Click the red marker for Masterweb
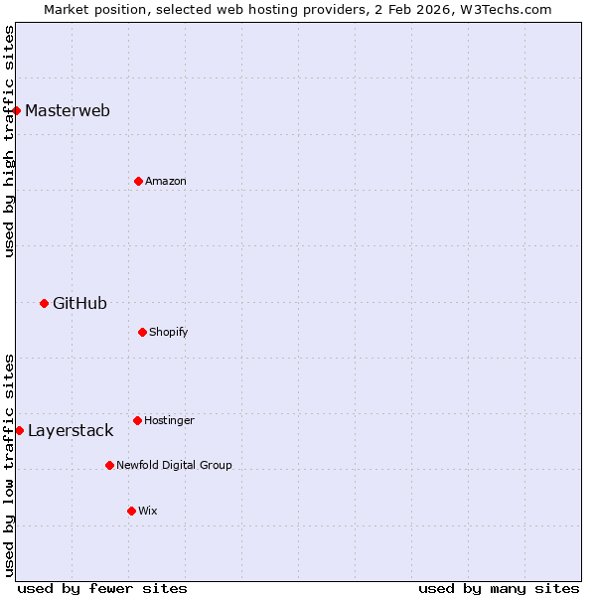click(17, 110)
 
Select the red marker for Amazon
click(138, 181)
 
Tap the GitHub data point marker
click(44, 303)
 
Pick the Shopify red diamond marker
click(142, 332)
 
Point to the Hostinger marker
click(137, 420)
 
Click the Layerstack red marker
click(19, 430)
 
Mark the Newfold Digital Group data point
click(109, 465)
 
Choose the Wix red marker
click(131, 511)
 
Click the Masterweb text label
click(68, 110)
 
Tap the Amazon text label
click(166, 181)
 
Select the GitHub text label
click(79, 303)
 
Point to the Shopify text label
click(169, 332)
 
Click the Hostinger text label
click(169, 420)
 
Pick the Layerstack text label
click(71, 430)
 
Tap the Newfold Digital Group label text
click(174, 465)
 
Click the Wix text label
click(148, 511)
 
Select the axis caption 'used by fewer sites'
click(102, 588)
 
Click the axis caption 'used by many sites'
click(499, 588)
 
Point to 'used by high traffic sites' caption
click(9, 141)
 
